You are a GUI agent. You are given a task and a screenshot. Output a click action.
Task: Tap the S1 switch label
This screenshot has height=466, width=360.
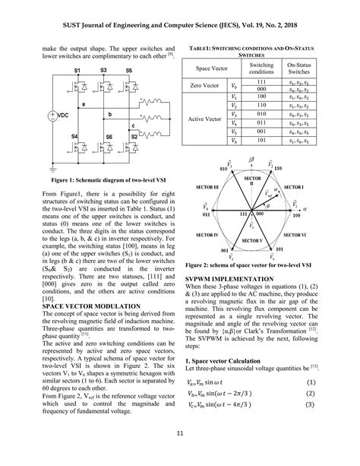76,70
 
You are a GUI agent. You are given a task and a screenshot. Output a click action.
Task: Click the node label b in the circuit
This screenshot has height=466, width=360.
109,114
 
